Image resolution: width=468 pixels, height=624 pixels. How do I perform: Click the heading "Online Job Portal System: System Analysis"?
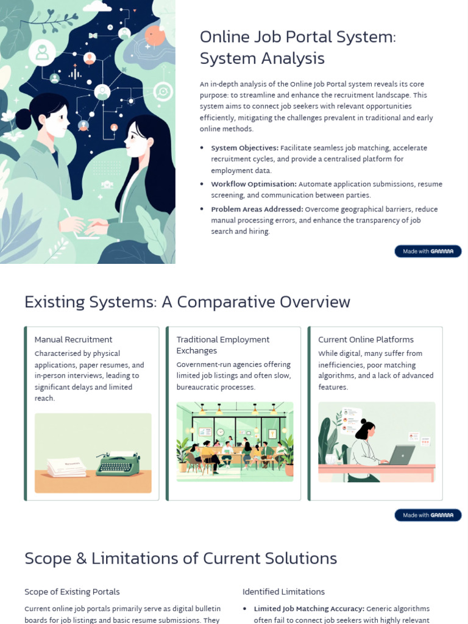[297, 48]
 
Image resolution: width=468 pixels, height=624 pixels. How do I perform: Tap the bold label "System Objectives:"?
[244, 148]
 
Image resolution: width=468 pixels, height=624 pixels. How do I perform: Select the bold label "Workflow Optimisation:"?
[253, 184]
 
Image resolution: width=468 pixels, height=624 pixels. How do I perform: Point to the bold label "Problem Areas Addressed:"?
[257, 209]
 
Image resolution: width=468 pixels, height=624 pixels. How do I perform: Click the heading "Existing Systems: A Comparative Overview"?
[187, 302]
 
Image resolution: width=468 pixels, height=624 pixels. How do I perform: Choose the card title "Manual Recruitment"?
[73, 339]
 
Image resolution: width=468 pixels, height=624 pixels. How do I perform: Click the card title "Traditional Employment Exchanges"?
[222, 345]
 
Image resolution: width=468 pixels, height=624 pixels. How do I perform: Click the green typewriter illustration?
[118, 466]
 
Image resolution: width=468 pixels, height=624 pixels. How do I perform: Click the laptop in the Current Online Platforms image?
[402, 455]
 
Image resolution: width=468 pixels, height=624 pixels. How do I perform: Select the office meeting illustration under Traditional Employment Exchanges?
[235, 442]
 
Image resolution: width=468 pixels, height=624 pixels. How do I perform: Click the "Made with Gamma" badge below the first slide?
[428, 251]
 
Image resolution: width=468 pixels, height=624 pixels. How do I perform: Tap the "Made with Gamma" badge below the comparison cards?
[428, 515]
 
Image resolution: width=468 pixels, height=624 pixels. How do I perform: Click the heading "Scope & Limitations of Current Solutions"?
[180, 558]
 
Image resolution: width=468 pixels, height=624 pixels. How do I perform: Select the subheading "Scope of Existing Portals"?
[72, 592]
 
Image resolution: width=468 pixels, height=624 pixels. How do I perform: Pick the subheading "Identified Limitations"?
[283, 592]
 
